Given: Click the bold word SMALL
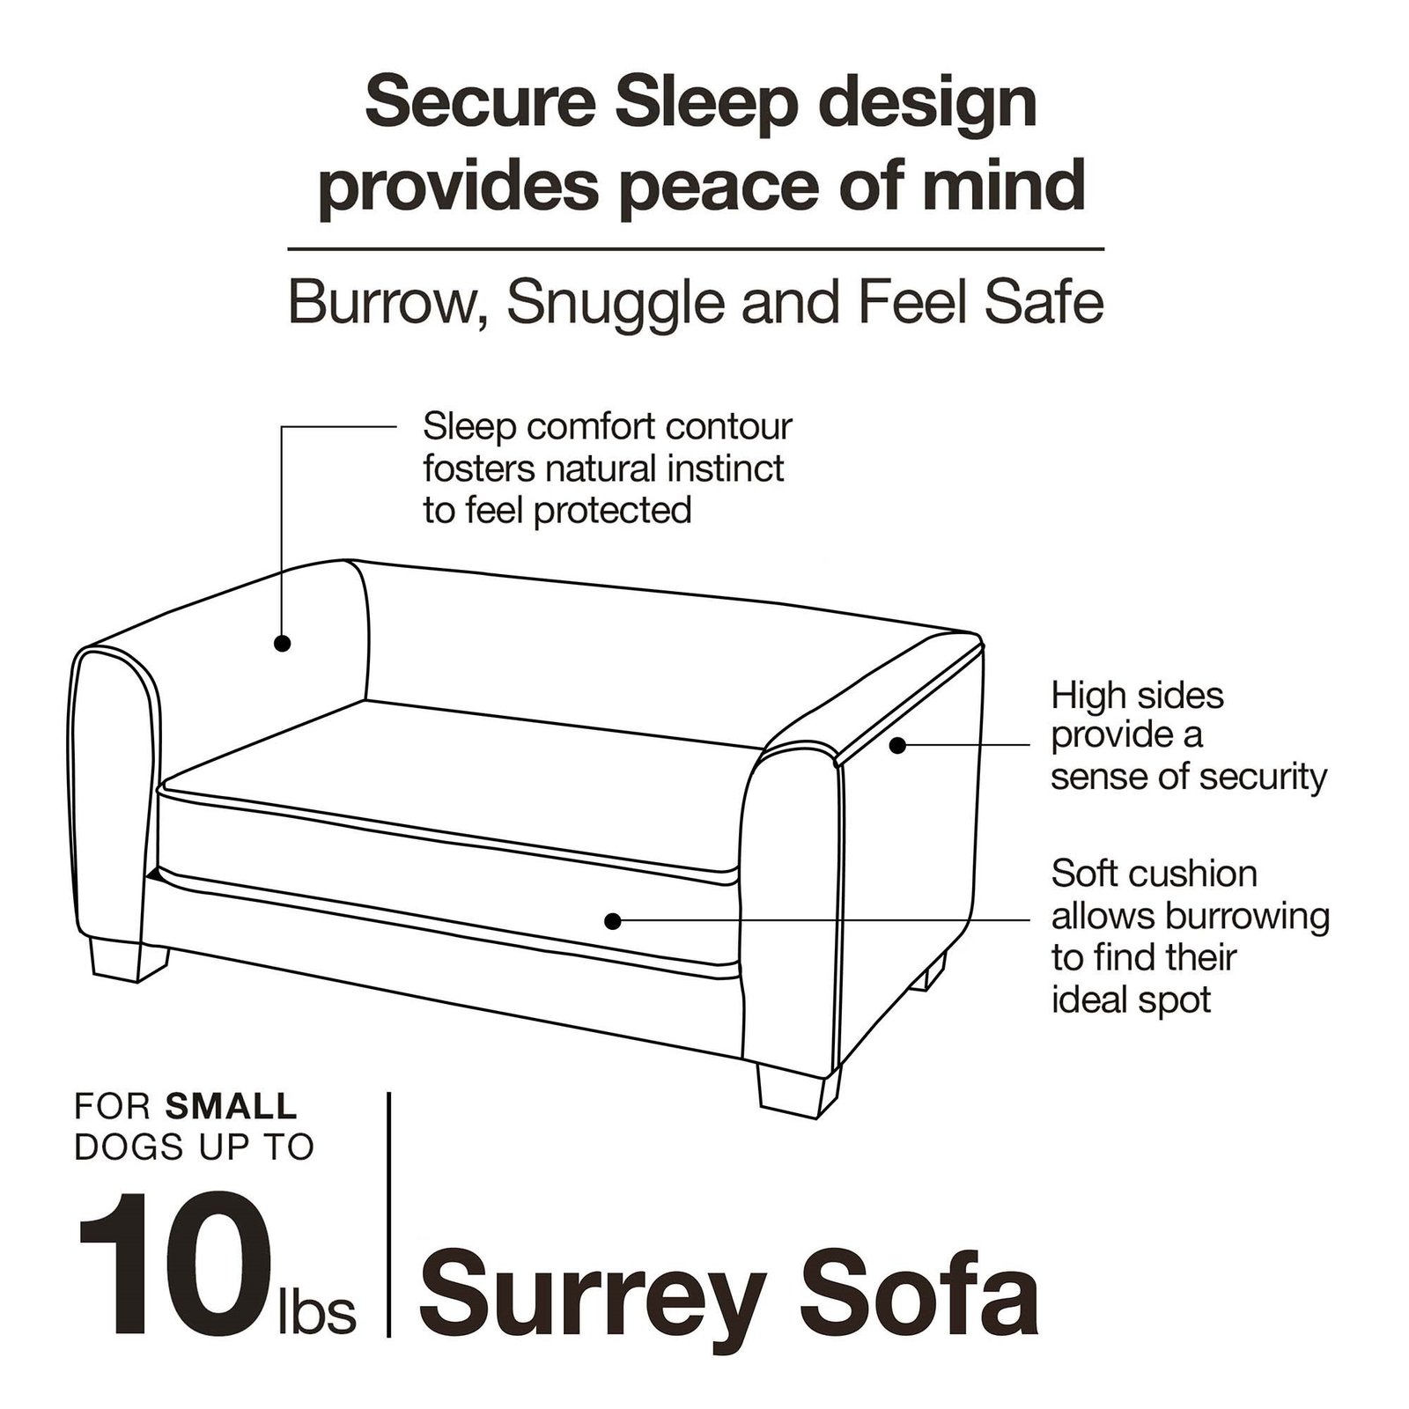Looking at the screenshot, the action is [x=232, y=1106].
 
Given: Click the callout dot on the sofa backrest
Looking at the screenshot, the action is [x=282, y=643].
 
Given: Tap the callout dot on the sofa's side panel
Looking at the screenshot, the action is [x=896, y=745].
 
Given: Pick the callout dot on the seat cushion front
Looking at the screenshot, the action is [x=613, y=921].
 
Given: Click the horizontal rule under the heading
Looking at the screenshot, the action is [x=696, y=250].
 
